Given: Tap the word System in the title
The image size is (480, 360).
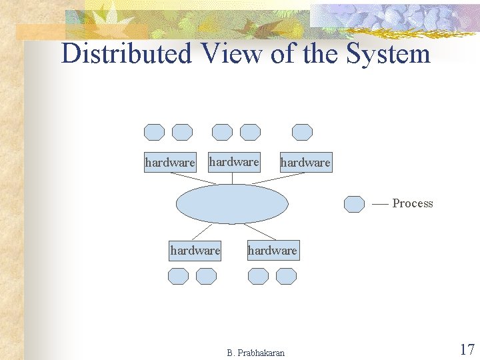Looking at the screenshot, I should coord(389,53).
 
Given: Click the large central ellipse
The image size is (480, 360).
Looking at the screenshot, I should coord(232,204).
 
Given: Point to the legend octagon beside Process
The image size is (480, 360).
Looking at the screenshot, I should coord(354,203).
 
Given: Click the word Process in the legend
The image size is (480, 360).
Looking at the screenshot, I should coord(413,203).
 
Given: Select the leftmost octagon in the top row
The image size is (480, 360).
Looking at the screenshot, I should coord(154,132).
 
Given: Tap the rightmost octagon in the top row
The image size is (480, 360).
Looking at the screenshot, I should coord(303,132).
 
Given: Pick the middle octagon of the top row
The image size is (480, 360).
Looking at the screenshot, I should coord(222,132).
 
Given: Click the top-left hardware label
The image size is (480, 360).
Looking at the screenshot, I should coord(170,162).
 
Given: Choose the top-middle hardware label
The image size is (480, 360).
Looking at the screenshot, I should coord(233,161).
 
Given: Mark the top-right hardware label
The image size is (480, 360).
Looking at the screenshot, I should coord(305,162).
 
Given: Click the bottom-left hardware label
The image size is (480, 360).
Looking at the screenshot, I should coord(195,251).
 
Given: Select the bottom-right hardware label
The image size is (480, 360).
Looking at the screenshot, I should coord(272,251).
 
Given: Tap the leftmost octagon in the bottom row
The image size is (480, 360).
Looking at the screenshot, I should coord(178,276).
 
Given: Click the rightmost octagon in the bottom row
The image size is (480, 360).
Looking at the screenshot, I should coord(286,276).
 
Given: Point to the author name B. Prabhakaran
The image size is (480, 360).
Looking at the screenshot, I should coord(255,353).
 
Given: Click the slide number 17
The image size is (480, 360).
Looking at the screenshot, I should coord(467,349).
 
